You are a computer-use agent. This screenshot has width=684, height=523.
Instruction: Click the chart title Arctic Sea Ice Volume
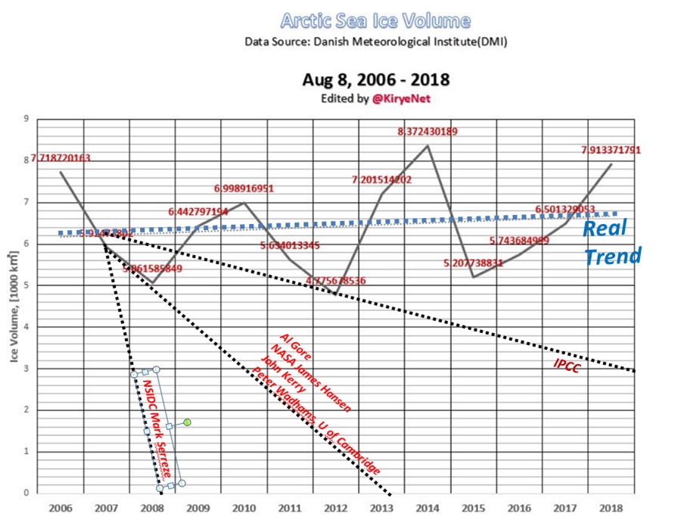click(375, 20)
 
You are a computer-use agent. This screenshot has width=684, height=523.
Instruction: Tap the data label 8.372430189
click(427, 132)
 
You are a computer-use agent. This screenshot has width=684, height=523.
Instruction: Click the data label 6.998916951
click(244, 188)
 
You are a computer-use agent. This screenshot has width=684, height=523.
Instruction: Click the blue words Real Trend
click(611, 242)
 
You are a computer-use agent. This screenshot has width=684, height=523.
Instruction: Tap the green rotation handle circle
click(187, 422)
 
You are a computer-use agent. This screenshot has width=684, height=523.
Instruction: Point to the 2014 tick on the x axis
click(428, 507)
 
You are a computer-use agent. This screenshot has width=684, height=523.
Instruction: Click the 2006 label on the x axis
click(61, 507)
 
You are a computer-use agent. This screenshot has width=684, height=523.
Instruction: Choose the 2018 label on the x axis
click(611, 507)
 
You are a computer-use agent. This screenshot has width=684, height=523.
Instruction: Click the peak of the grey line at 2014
click(428, 145)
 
